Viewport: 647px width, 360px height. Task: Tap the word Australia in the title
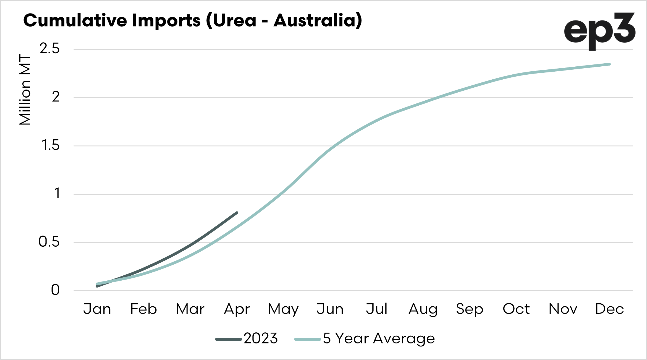point(317,20)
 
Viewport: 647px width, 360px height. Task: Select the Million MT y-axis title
point(25,89)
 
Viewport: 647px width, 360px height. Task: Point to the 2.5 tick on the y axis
point(49,49)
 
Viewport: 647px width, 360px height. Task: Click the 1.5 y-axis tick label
point(50,145)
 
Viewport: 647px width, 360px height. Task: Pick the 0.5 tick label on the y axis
point(49,242)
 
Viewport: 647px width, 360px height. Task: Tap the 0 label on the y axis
point(55,290)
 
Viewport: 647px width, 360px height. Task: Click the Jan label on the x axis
point(97,309)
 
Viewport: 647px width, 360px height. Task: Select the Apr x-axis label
point(237,309)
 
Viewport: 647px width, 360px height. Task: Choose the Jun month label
point(330,309)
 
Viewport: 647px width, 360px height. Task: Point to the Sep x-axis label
point(470,309)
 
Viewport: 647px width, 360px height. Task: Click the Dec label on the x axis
point(609,309)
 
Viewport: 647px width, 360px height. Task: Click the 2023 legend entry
point(247,338)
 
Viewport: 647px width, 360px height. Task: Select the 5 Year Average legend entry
point(365,338)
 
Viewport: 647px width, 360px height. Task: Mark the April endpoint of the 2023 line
point(237,213)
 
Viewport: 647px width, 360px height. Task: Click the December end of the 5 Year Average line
point(609,64)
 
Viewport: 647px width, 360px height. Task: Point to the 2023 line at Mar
point(190,245)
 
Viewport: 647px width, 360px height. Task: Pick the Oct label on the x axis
point(516,309)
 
